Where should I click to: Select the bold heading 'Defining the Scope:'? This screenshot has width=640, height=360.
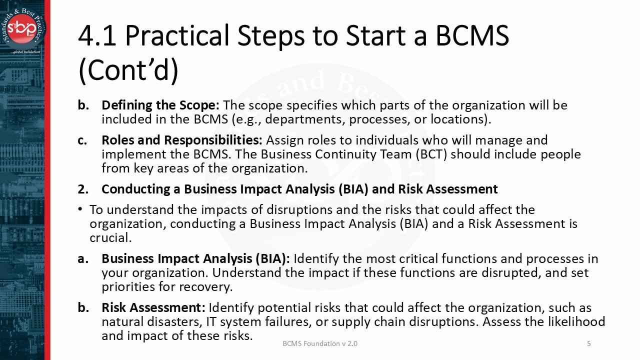[160, 105]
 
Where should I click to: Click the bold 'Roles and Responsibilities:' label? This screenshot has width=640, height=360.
[182, 140]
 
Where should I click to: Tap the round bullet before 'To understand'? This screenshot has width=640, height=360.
[80, 209]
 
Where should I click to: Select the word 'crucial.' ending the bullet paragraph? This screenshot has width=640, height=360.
[110, 238]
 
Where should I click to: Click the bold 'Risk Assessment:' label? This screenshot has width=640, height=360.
[153, 307]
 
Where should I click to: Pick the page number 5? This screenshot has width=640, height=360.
[589, 343]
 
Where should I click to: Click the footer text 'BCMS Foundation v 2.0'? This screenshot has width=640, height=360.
[320, 343]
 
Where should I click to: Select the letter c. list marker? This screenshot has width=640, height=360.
[82, 140]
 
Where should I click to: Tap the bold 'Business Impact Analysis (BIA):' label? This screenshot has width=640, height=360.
[195, 259]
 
